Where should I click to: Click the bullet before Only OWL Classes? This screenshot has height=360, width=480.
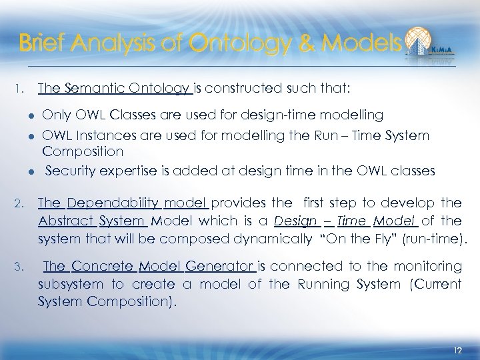coord(31,116)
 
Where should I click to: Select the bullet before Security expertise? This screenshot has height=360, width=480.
coord(31,171)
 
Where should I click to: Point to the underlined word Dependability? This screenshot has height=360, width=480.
coord(112,203)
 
